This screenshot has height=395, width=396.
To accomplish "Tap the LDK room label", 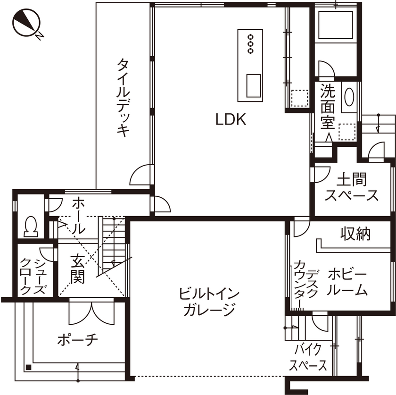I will pos(231,119).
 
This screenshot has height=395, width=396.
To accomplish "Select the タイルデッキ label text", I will pos(124,97).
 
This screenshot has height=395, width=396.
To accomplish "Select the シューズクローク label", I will pos(33,277).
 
